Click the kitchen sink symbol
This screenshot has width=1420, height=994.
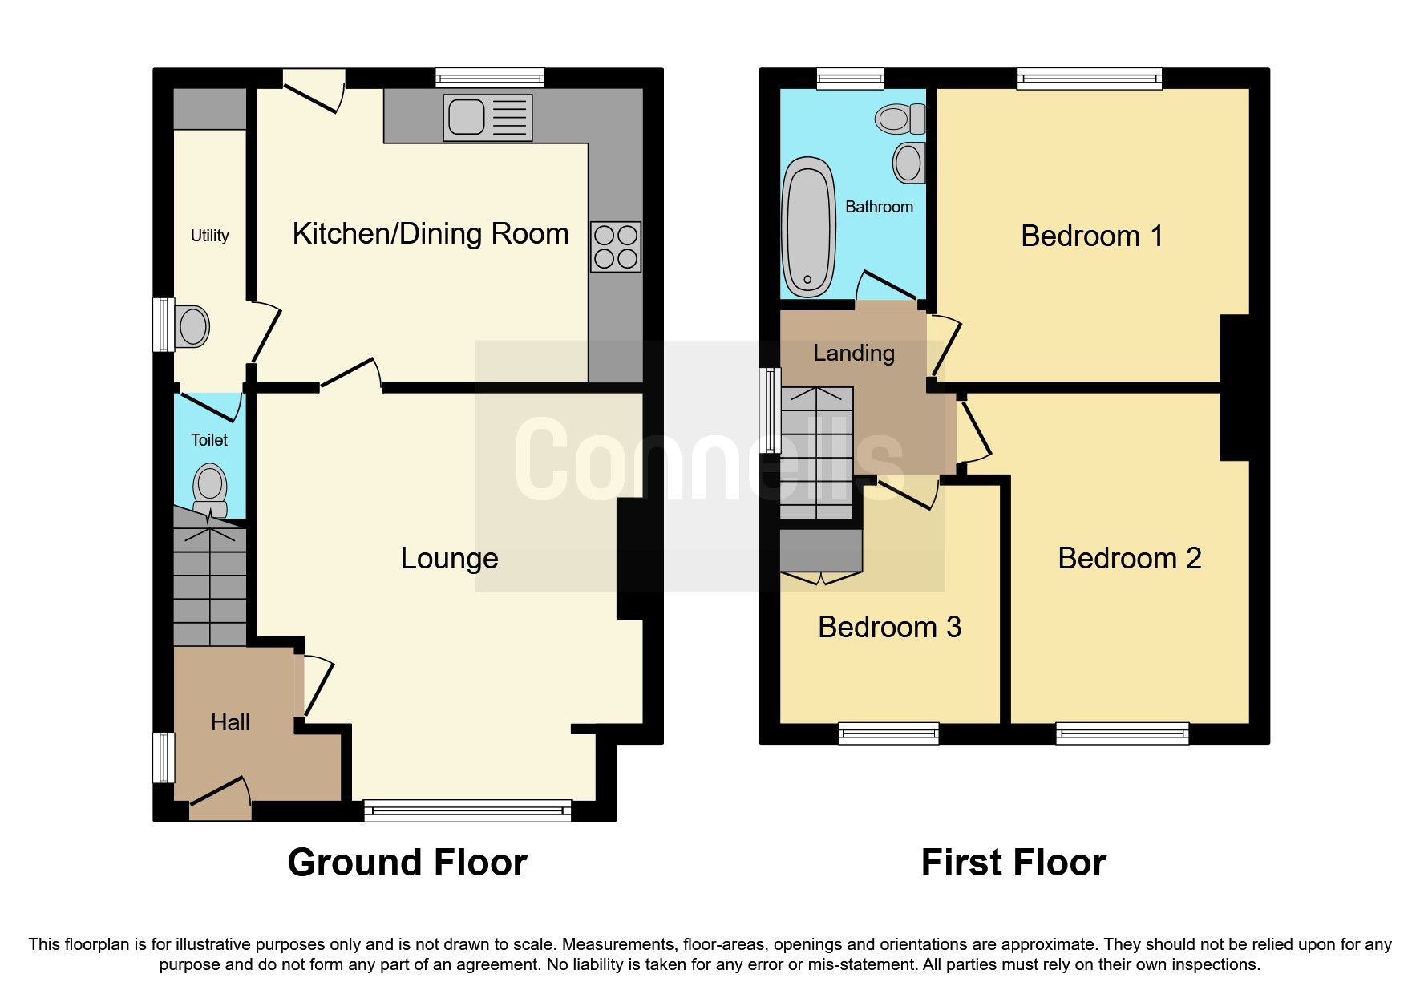487,118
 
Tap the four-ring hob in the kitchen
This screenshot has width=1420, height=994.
616,247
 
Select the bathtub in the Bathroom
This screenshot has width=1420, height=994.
809,227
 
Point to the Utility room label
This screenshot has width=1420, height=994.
209,236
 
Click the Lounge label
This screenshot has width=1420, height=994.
449,558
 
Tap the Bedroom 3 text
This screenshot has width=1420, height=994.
889,627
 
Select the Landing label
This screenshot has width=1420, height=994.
853,353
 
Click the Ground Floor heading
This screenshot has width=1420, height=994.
407,863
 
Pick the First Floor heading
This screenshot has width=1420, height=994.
1013,863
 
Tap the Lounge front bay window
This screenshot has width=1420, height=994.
467,810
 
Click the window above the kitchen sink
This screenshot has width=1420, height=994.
490,78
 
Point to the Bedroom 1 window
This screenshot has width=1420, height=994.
1090,78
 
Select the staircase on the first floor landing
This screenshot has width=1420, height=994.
816,453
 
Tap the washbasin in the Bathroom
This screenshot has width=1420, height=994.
908,163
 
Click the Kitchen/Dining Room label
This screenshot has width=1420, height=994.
431,234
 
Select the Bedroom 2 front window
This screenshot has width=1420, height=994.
1122,733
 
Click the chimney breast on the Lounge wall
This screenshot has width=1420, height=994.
630,559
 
